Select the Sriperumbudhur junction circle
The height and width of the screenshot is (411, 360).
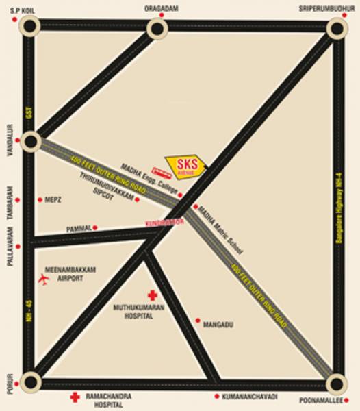click(337, 28)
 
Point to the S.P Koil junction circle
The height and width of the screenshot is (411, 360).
click(29, 27)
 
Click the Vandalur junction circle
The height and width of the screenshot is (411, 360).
click(31, 141)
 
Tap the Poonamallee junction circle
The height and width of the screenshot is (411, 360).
click(336, 383)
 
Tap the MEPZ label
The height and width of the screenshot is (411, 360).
click(53, 199)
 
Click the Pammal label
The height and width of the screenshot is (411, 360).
click(79, 227)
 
